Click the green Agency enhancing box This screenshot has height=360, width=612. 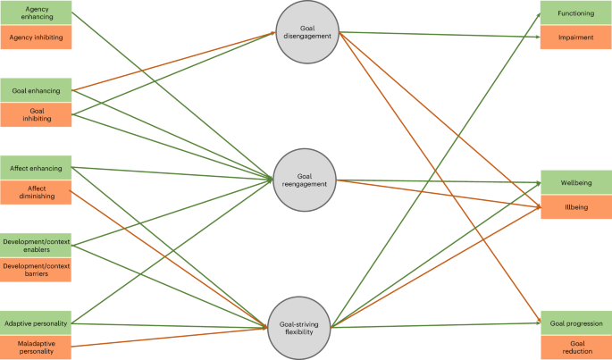point(37,13)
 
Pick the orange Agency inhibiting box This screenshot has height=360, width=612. point(37,38)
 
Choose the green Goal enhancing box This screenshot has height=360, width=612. point(37,91)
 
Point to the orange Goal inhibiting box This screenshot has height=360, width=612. point(37,114)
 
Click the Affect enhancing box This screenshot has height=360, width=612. point(37,168)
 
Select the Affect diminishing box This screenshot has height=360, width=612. point(37,192)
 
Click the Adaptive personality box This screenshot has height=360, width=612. point(37,322)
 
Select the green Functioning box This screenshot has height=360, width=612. point(575,13)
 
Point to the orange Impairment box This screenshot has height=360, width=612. point(575,38)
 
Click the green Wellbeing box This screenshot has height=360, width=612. point(575,183)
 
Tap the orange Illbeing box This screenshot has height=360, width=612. point(575,207)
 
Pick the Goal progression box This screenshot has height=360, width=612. point(575,322)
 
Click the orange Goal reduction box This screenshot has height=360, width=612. point(575,347)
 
